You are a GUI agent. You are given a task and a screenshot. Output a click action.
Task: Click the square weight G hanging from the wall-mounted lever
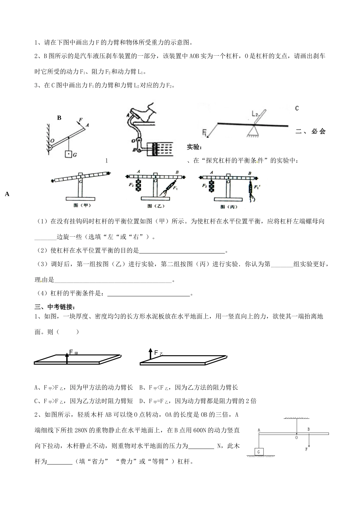[x=68, y=154]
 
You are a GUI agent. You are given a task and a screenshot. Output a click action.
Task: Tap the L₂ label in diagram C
[x=255, y=113]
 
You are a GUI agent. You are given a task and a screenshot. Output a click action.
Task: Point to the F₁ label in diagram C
[x=204, y=133]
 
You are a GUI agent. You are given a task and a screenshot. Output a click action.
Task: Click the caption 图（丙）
[x=228, y=207]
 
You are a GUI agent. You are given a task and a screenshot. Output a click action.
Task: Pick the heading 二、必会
[x=310, y=131]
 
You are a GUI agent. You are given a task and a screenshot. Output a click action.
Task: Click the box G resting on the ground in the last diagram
[x=259, y=452]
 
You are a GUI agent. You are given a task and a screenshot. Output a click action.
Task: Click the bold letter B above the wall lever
[x=59, y=118]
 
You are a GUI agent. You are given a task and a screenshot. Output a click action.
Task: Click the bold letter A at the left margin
[x=7, y=194]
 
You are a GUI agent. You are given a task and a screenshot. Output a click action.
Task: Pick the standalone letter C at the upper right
[x=297, y=108]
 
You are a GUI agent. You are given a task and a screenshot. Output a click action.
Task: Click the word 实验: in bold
[x=195, y=147]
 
